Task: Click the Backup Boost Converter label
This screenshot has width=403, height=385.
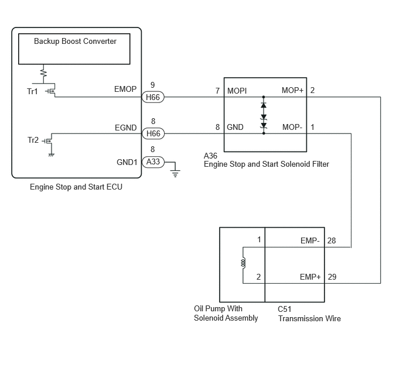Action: click(75, 42)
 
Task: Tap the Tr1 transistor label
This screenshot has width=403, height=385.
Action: click(32, 91)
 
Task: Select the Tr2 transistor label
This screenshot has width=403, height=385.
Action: click(33, 140)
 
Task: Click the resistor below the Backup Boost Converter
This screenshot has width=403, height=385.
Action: click(44, 73)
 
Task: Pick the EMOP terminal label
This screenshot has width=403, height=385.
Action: click(125, 89)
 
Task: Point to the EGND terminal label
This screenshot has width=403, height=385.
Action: click(126, 128)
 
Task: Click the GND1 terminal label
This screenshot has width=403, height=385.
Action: click(127, 162)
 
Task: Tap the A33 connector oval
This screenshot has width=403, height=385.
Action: click(153, 161)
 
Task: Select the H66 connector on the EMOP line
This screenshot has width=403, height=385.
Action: click(153, 97)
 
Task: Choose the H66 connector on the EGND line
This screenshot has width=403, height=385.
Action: click(153, 133)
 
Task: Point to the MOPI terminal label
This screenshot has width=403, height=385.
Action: click(237, 91)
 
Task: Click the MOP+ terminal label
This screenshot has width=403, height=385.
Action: click(292, 90)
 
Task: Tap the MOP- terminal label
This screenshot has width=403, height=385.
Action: click(292, 127)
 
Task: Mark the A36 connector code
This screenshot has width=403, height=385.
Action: click(210, 156)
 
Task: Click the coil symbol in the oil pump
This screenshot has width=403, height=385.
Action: click(243, 263)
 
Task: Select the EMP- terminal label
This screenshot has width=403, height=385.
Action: click(310, 240)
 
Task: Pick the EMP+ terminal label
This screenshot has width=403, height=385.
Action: click(310, 277)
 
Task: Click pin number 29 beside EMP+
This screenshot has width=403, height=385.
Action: click(332, 277)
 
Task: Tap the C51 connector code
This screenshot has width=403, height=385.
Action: click(285, 309)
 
